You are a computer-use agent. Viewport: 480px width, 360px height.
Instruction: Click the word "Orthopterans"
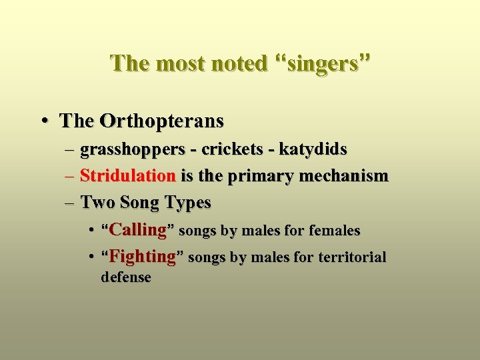161,121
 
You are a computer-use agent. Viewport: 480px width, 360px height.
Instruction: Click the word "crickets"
231,149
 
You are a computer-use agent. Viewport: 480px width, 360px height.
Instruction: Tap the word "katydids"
313,149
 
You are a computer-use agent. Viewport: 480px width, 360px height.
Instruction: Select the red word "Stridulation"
128,176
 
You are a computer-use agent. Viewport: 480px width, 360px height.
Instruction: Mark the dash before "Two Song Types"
70,202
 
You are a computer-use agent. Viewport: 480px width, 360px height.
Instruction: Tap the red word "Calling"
137,231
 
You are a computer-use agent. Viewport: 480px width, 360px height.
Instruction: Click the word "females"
335,231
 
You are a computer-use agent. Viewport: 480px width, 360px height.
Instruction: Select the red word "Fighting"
142,257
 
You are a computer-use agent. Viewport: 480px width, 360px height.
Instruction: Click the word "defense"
125,277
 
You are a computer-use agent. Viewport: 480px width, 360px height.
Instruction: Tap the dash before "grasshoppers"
70,149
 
